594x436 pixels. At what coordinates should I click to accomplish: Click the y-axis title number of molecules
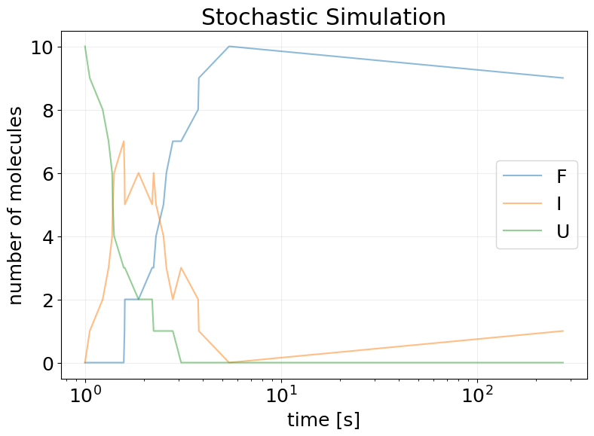[17, 205]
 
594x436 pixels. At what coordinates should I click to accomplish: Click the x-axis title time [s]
[323, 419]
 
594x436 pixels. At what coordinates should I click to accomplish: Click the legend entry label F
[561, 177]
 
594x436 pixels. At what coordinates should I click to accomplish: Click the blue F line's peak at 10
[229, 47]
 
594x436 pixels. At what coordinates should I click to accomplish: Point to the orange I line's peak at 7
[124, 142]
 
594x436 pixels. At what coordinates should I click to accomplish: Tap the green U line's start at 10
[85, 47]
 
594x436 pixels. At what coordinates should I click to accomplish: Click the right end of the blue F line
[563, 78]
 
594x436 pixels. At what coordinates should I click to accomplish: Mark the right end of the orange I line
[563, 331]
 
